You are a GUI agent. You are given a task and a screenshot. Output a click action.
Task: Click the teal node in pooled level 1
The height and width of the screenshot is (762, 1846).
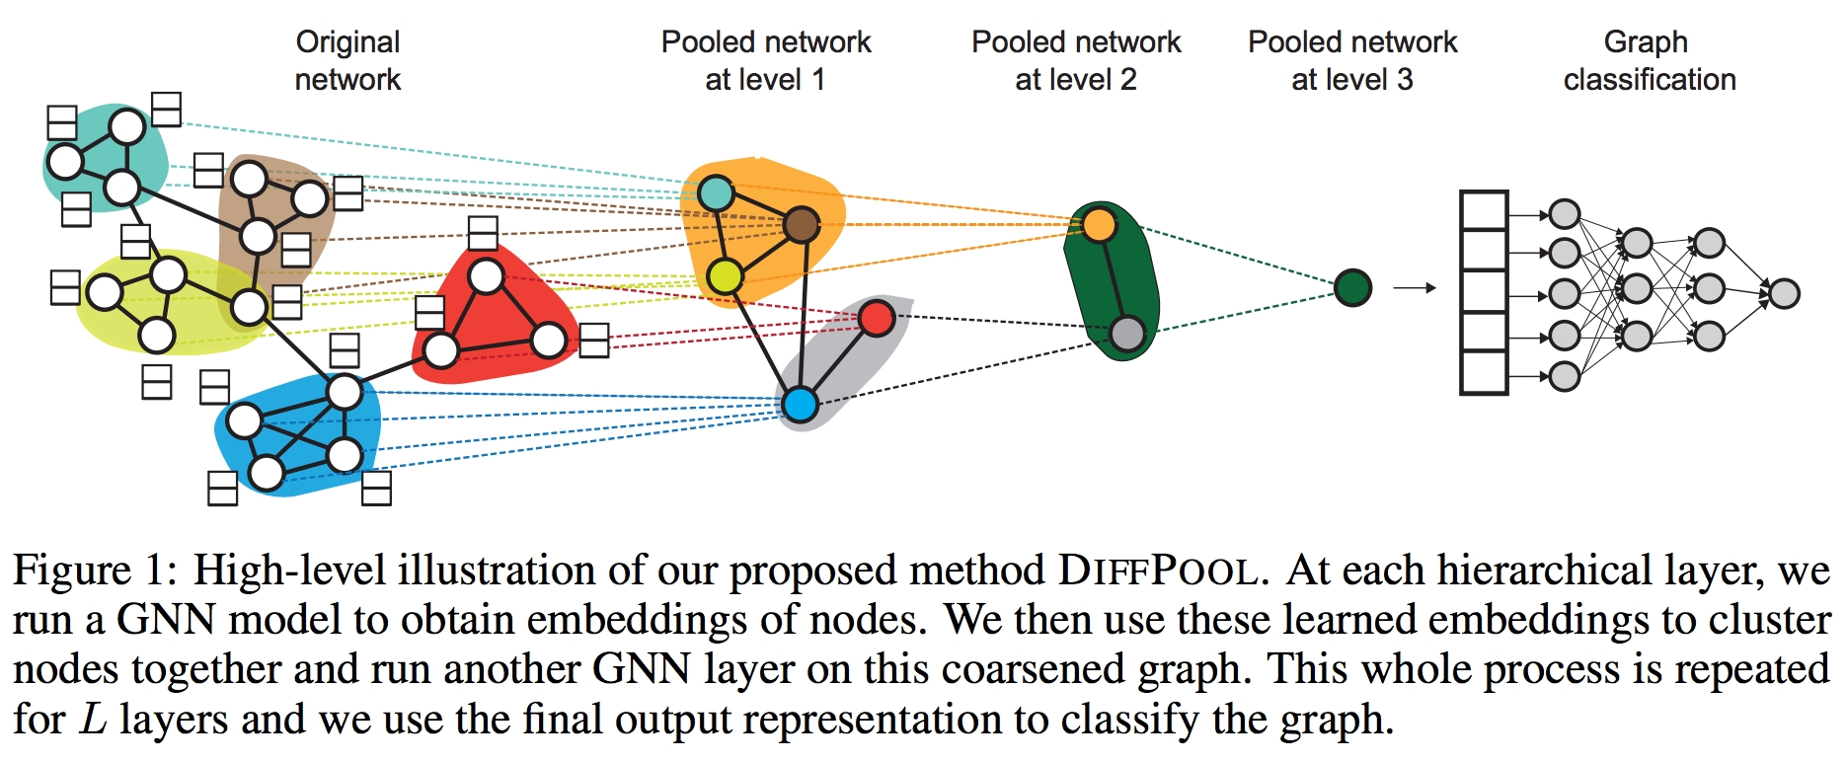click(x=716, y=192)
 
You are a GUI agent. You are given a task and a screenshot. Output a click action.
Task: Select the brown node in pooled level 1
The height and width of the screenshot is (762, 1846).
click(x=802, y=225)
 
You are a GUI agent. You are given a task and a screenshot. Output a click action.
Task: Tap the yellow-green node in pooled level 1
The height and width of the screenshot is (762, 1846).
click(x=726, y=276)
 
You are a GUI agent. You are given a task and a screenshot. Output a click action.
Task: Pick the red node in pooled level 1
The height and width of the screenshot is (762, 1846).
click(x=877, y=318)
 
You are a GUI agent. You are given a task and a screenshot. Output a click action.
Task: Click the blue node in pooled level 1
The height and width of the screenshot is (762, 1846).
click(x=800, y=404)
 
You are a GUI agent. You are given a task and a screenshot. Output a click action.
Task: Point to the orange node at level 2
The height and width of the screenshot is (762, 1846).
click(x=1099, y=225)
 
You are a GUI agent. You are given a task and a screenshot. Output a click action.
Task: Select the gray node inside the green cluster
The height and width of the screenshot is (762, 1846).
click(x=1126, y=334)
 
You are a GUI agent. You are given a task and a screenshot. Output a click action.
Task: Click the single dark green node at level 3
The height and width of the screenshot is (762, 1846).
click(x=1352, y=288)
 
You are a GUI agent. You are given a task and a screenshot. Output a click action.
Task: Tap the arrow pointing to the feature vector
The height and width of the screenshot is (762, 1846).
click(x=1414, y=288)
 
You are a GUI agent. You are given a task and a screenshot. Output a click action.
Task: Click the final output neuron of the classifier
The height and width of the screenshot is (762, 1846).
click(x=1784, y=293)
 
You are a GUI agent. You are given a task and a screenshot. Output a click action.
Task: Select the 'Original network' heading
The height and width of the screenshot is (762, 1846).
click(x=347, y=60)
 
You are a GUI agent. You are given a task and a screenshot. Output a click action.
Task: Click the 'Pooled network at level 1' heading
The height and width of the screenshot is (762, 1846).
click(x=766, y=60)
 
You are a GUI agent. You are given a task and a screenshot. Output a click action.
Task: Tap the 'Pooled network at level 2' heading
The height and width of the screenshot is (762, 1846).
click(x=1076, y=60)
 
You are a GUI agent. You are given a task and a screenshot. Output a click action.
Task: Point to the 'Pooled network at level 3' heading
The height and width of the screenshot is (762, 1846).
click(x=1352, y=60)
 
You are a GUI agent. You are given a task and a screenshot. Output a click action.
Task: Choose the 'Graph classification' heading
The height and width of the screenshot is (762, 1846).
click(x=1649, y=60)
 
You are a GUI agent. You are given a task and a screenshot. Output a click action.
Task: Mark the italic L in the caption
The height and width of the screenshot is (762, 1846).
click(x=93, y=720)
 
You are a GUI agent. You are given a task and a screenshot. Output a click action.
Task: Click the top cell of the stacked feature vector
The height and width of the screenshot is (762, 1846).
click(x=1484, y=211)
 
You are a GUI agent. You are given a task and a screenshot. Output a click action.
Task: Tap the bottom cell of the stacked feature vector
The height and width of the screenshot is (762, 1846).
click(x=1484, y=373)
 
